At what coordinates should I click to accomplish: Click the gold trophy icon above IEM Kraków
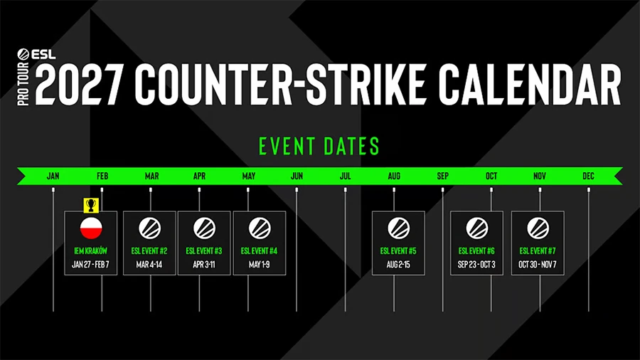pyautogui.click(x=90, y=205)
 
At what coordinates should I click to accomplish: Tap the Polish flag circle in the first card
pyautogui.click(x=90, y=228)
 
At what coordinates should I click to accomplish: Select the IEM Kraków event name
pyautogui.click(x=90, y=250)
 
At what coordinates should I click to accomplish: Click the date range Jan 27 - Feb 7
pyautogui.click(x=90, y=265)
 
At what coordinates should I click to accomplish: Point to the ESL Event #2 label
pyautogui.click(x=149, y=250)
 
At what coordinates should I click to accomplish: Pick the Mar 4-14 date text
pyautogui.click(x=149, y=265)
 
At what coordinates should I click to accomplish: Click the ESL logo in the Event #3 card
pyautogui.click(x=204, y=228)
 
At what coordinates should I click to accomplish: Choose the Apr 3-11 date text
pyautogui.click(x=204, y=265)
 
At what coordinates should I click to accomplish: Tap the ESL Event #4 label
pyautogui.click(x=259, y=250)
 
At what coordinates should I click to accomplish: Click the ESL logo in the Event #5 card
pyautogui.click(x=398, y=228)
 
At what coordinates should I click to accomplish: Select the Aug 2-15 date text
pyautogui.click(x=398, y=265)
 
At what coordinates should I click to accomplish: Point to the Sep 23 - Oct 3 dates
pyautogui.click(x=477, y=265)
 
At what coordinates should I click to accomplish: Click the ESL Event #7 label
pyautogui.click(x=538, y=250)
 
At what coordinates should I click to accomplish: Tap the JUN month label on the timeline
pyautogui.click(x=297, y=176)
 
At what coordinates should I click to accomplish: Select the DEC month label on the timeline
pyautogui.click(x=589, y=176)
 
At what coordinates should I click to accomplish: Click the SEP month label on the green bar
pyautogui.click(x=442, y=176)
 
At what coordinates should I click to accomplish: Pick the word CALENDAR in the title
pyautogui.click(x=529, y=83)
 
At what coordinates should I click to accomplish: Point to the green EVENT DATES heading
pyautogui.click(x=319, y=147)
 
